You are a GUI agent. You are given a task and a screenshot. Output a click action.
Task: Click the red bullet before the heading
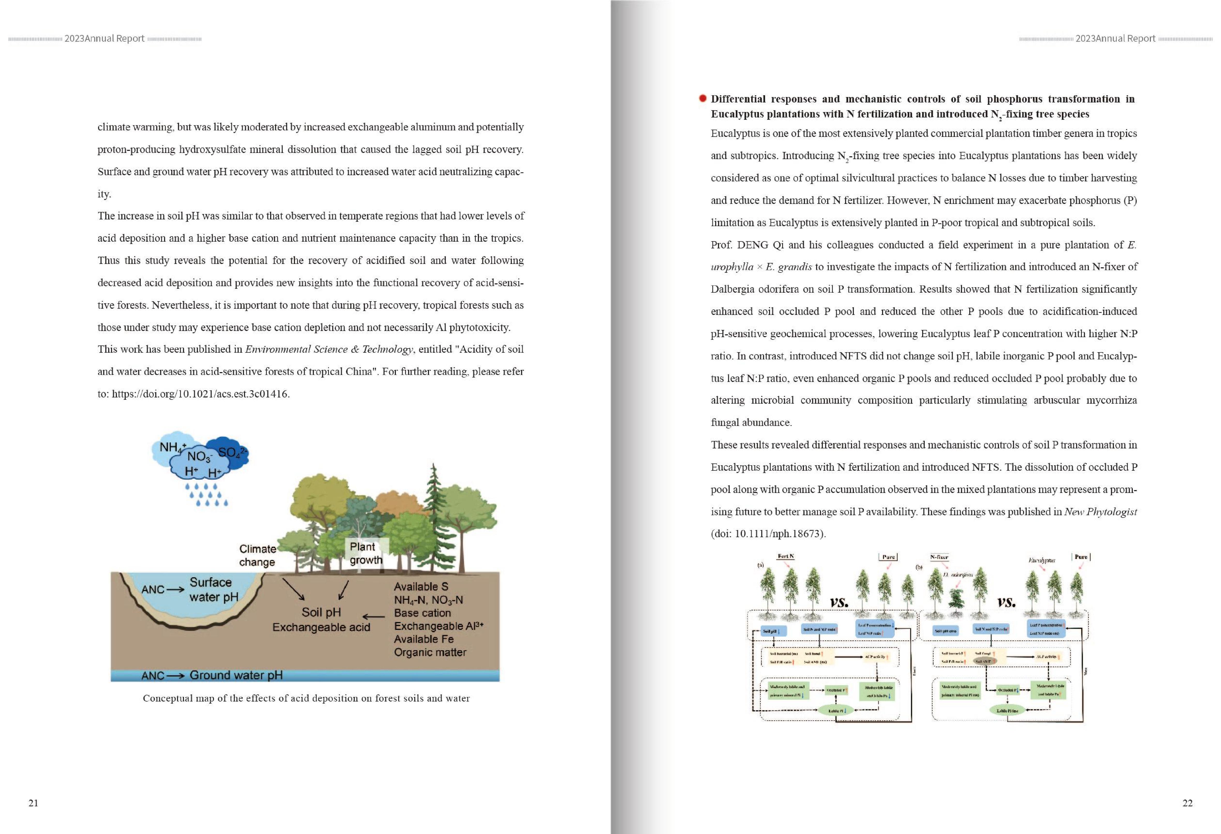click(x=702, y=98)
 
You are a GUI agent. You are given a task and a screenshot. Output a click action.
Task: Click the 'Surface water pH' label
click(x=213, y=590)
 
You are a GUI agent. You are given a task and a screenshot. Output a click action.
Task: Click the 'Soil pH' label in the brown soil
click(x=321, y=612)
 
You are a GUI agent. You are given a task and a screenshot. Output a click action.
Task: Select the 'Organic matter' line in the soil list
click(x=430, y=652)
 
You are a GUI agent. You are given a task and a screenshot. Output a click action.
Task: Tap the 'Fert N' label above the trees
click(x=786, y=556)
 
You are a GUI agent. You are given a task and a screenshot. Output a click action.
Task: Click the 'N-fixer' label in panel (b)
click(x=939, y=557)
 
